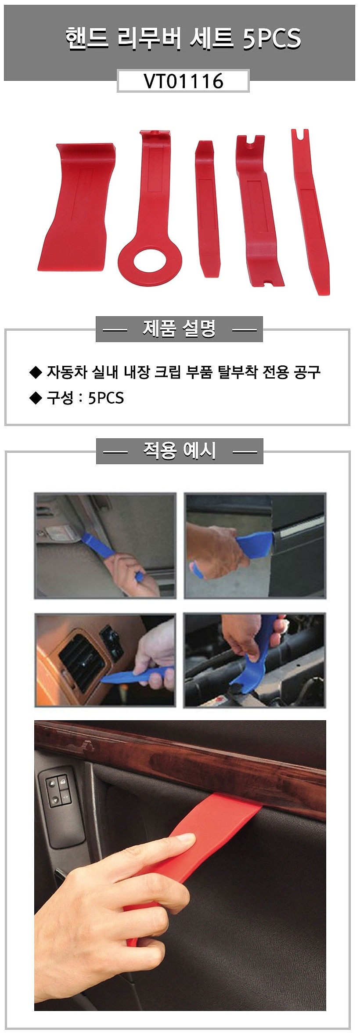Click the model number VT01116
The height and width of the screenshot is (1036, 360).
184,81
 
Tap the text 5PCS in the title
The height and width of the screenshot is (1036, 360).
272,39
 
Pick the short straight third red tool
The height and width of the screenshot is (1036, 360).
206,206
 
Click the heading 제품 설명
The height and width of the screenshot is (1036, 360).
179,328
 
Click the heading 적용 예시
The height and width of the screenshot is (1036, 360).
179,451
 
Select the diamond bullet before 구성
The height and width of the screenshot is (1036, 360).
35,398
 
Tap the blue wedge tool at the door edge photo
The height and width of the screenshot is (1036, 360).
255,545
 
